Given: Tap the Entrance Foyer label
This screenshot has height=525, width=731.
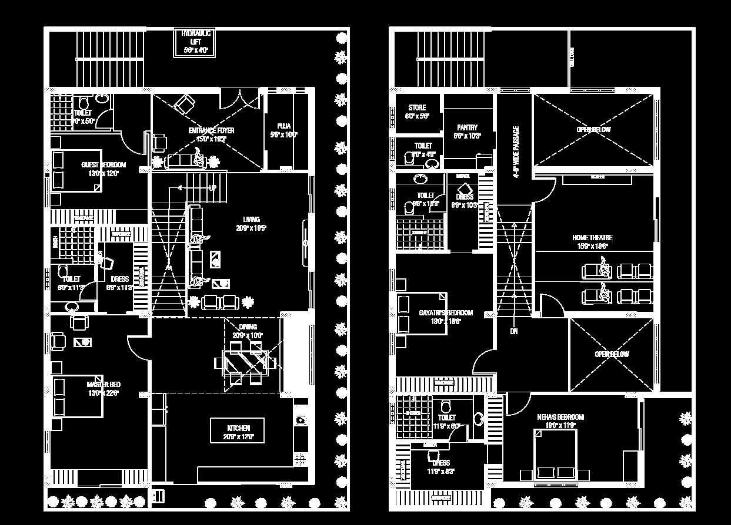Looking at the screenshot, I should click(211, 134).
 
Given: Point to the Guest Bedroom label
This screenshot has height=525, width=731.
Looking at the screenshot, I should click(104, 169).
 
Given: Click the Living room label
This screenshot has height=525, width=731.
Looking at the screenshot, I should click(251, 224).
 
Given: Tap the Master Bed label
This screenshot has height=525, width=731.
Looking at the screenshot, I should click(104, 389).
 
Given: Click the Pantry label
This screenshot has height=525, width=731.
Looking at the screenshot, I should click(467, 132).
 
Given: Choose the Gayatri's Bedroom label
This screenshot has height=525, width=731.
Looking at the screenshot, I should click(445, 317).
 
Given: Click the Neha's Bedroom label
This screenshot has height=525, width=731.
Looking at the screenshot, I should click(560, 420).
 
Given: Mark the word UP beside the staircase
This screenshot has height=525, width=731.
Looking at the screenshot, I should click(212, 188).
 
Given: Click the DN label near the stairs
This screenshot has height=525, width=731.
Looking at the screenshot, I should click(513, 331).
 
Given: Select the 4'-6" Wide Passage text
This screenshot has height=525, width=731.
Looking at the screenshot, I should click(516, 152).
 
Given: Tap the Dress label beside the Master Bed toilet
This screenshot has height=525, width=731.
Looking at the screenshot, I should click(119, 283).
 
